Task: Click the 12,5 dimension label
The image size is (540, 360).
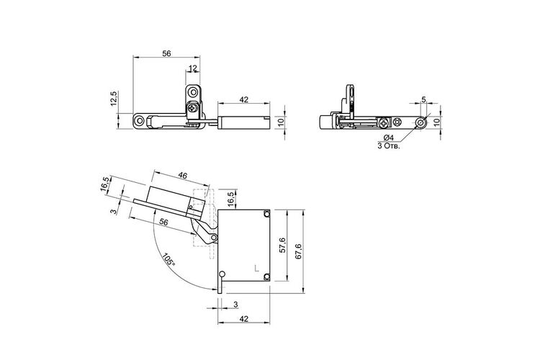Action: tap(114, 99)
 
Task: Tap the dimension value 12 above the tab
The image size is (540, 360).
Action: tap(193, 68)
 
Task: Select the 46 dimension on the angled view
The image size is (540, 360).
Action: tap(183, 176)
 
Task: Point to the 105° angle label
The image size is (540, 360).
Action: tap(168, 259)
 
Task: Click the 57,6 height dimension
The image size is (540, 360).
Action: tap(283, 246)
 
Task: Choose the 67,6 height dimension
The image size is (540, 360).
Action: tap(298, 251)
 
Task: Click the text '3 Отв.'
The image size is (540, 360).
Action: tap(389, 145)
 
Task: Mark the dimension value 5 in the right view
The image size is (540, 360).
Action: tap(423, 99)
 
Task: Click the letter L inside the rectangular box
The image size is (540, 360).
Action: tap(256, 268)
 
